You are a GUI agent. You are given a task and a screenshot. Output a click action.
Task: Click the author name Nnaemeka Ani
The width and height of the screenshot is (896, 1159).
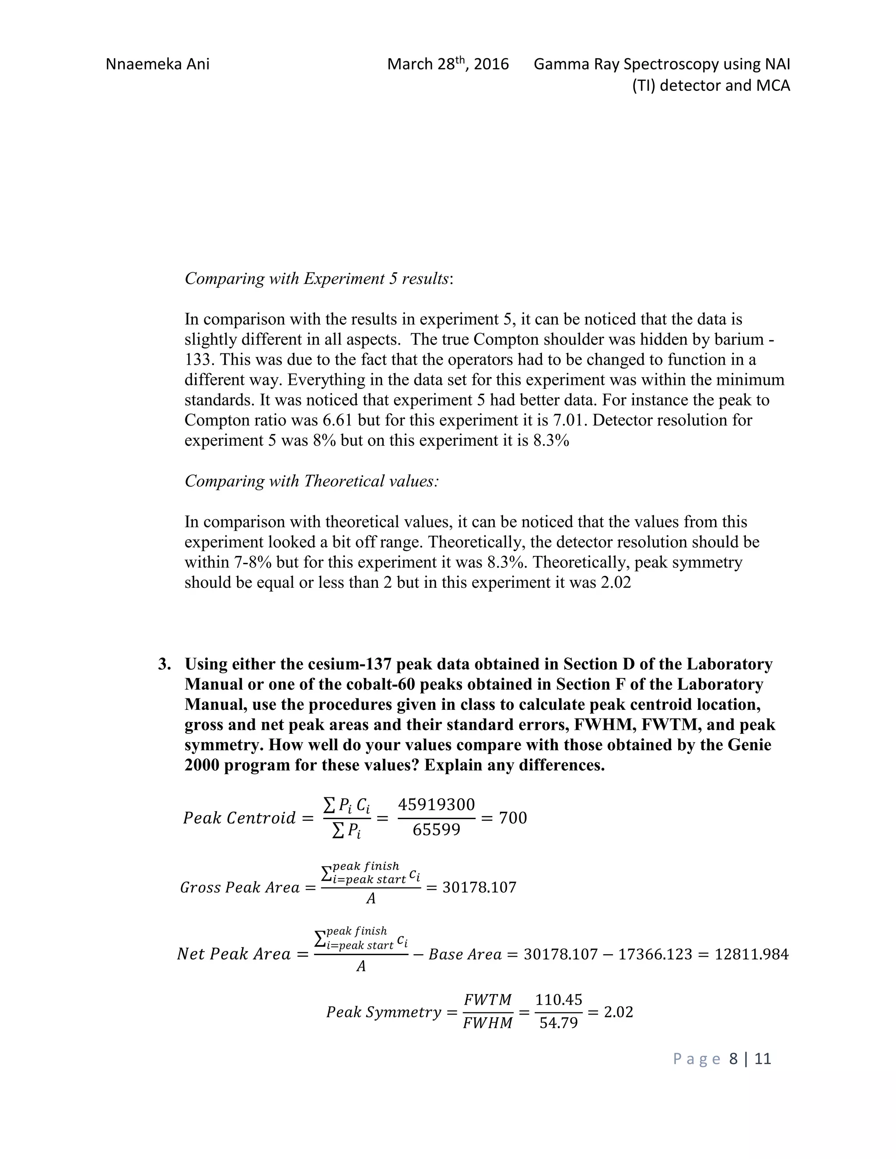pos(157,64)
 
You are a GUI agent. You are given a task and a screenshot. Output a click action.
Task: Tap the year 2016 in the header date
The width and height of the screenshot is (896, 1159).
pos(491,64)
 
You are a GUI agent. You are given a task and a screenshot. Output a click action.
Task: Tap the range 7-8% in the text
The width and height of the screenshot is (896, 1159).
pos(257,562)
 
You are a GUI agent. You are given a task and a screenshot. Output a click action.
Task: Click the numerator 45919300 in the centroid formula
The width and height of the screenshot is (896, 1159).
pos(436,804)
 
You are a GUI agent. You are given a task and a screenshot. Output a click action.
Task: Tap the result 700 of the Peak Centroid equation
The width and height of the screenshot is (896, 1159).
pos(513,818)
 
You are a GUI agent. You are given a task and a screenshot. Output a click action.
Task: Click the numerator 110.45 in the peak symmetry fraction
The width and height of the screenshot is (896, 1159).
pos(558,1000)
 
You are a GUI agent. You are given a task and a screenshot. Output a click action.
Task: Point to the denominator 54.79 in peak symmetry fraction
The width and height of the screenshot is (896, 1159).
pos(558,1023)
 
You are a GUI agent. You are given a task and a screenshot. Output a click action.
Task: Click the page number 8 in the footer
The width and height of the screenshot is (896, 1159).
pos(734,1059)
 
